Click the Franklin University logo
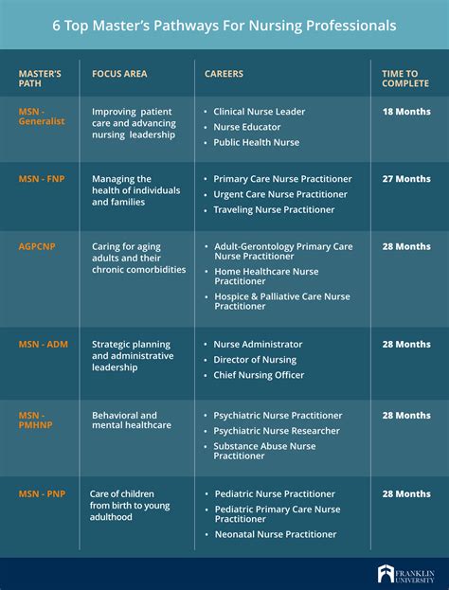(x=405, y=574)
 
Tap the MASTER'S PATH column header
(x=40, y=78)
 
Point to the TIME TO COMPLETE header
(x=405, y=78)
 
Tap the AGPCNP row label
(x=38, y=246)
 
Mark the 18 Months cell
(x=405, y=112)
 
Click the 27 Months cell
(x=405, y=179)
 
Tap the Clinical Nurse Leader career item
(x=259, y=112)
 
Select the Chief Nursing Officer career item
(x=259, y=375)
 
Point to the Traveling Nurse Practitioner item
(x=274, y=210)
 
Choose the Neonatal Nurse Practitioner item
(x=275, y=534)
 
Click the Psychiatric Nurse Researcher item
(x=277, y=431)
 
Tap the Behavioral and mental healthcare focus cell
(x=132, y=420)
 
